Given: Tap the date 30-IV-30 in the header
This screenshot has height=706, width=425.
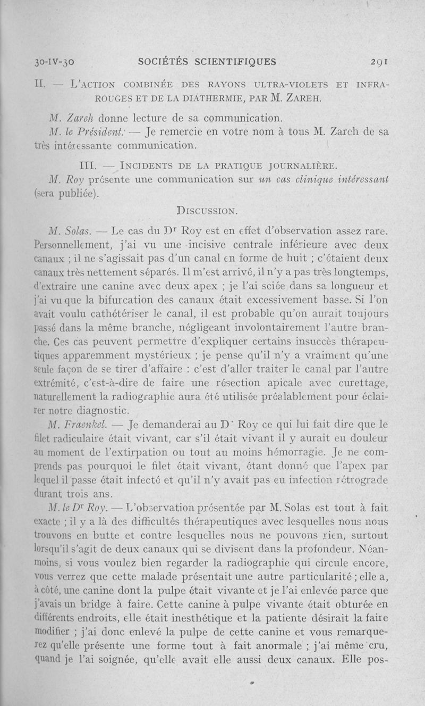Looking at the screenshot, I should (x=45, y=62).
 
